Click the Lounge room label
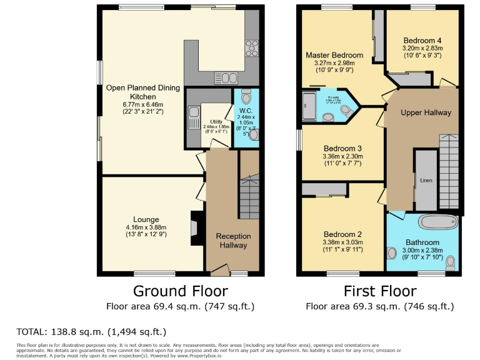point(146,219)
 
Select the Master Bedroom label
point(334,55)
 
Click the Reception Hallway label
point(233,241)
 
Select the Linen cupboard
point(426,180)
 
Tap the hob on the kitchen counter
point(252,47)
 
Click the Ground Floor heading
point(180,291)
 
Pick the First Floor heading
point(379,291)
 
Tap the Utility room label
point(216,122)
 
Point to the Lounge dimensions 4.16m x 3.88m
point(146,227)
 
